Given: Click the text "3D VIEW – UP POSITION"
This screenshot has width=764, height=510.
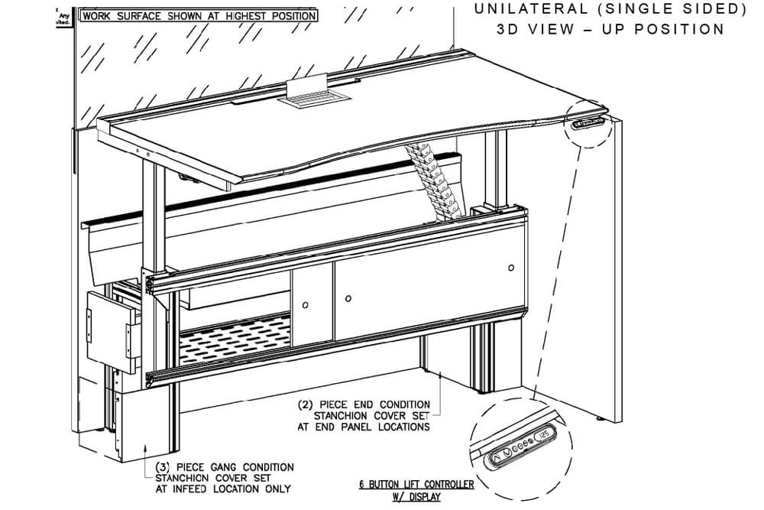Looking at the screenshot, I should point(610,29).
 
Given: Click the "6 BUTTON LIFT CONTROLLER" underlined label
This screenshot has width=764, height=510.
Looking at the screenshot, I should point(416,484).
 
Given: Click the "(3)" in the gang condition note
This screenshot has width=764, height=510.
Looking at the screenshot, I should point(163,466).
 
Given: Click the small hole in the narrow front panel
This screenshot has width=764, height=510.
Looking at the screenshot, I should point(306,305).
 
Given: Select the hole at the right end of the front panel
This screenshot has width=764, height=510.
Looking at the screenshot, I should point(511,267).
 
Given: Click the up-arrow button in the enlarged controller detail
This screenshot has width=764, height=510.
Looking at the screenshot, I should point(497,456).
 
